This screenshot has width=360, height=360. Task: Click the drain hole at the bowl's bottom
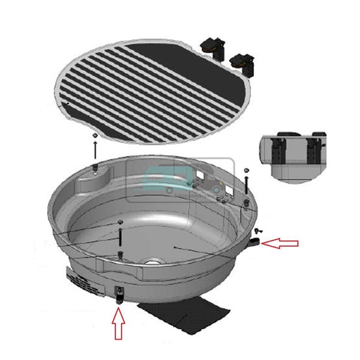point(152,264)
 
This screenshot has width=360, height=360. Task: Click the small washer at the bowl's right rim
point(245,171)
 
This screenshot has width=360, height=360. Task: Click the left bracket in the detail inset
point(279,150)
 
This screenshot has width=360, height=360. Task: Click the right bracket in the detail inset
point(311,150)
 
